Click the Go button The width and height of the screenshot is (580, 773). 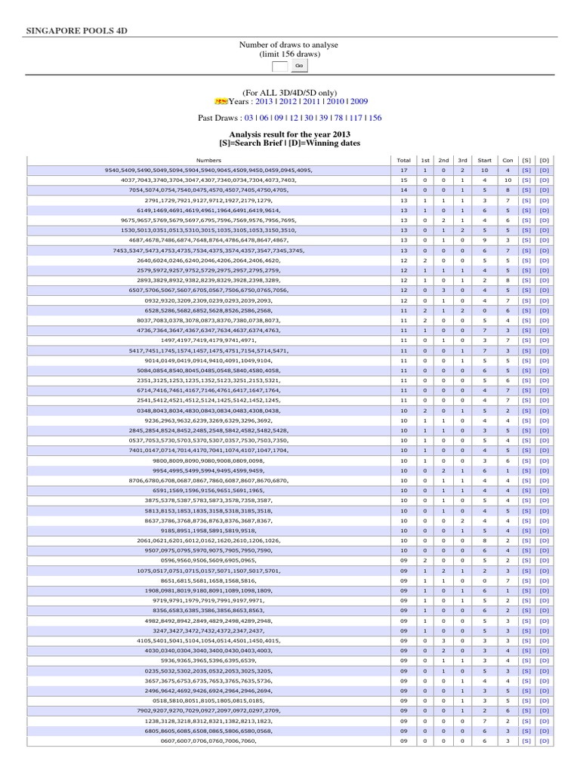click(299, 66)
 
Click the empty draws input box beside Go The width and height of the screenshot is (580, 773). click(280, 66)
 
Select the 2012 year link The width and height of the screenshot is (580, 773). click(288, 100)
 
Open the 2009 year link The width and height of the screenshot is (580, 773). click(359, 100)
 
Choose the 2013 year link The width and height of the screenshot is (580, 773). click(264, 100)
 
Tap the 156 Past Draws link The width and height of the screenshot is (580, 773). click(375, 118)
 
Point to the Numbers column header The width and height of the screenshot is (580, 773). click(208, 161)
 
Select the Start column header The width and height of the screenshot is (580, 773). click(485, 161)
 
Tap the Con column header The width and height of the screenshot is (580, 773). click(508, 161)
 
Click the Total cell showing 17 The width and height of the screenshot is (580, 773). click(403, 171)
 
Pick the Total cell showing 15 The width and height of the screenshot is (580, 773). click(403, 180)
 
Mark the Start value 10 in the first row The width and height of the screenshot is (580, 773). click(485, 171)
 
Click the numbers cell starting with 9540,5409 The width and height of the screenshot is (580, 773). click(208, 171)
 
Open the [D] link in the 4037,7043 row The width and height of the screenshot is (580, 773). click(545, 180)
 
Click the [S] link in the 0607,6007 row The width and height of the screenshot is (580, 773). click(526, 741)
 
